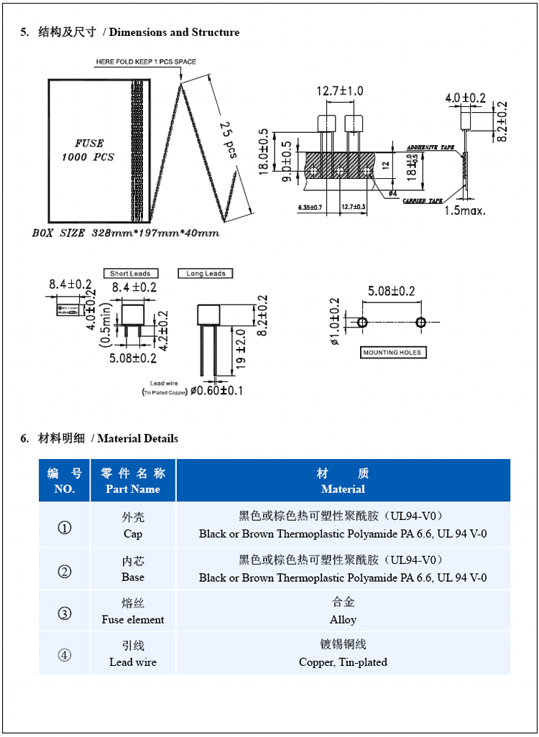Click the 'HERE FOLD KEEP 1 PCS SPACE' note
point(146,62)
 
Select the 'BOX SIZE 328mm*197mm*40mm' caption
point(126,233)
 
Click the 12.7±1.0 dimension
point(340,91)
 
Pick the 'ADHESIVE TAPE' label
point(431,147)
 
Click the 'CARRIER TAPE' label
point(423,201)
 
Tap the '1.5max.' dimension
point(464,210)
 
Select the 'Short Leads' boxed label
point(130,274)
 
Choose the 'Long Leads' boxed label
point(206,274)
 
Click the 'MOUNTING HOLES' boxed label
point(392,353)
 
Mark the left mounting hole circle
point(361,323)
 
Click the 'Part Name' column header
point(133,489)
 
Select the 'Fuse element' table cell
point(133,619)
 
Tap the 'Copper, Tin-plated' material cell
point(343,662)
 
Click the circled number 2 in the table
point(65,572)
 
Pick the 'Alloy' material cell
point(343,619)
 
